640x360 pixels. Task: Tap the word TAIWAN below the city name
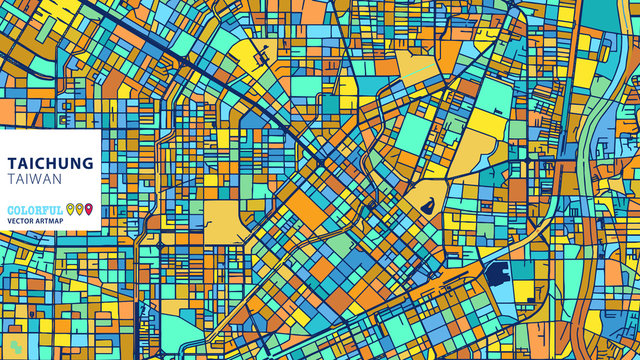(x=32, y=178)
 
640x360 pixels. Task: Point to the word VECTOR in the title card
(x=21, y=220)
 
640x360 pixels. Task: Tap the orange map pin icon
(x=80, y=209)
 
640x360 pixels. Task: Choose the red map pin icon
(x=89, y=209)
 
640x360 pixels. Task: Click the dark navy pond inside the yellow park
(x=427, y=207)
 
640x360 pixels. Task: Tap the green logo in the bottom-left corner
(x=9, y=351)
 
